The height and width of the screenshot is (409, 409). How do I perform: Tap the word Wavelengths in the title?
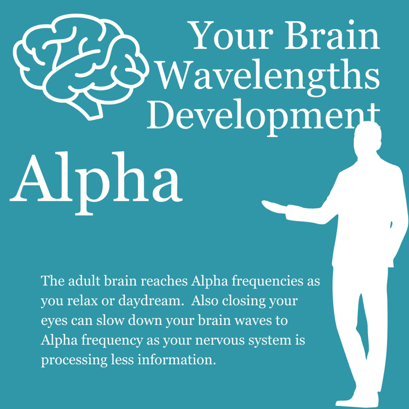[x=269, y=76]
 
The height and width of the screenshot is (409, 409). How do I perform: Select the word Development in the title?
[x=264, y=113]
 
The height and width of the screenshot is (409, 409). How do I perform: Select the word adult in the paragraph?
[x=79, y=281]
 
